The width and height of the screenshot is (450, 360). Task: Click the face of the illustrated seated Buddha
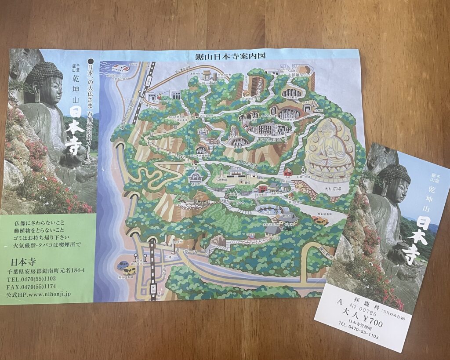[x=329, y=131]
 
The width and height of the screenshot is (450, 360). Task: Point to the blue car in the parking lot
[x=123, y=265]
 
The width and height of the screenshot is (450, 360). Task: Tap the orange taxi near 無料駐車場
[x=320, y=220]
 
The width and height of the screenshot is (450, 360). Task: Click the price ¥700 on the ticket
[x=369, y=324]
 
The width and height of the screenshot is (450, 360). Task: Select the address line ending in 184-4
[x=47, y=270]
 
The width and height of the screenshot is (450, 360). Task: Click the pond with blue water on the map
[x=268, y=209]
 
